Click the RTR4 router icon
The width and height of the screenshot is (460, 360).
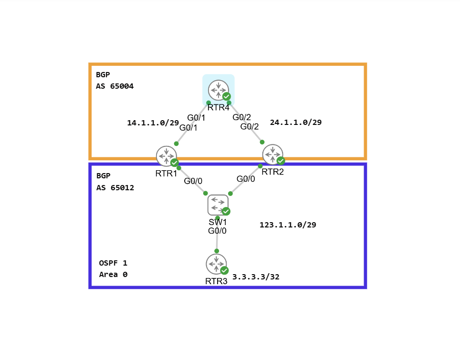tap(218, 90)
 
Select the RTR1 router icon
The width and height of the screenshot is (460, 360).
tap(166, 155)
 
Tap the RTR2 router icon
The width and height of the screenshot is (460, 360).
tap(272, 154)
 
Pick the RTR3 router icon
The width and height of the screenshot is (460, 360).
tap(216, 264)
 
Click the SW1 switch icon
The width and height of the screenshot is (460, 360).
tap(218, 205)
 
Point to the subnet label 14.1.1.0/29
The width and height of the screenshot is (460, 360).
tap(153, 123)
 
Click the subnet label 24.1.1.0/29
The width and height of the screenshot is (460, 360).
tap(296, 123)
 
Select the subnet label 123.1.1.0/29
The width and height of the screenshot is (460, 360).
tap(288, 225)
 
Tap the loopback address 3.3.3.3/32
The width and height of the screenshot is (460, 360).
tap(256, 277)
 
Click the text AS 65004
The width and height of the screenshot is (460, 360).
tap(115, 87)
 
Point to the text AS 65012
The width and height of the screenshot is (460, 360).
tap(115, 188)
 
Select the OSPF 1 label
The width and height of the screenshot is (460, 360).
tap(113, 263)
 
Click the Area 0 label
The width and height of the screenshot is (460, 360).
tap(113, 275)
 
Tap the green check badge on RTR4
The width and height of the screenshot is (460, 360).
tap(227, 96)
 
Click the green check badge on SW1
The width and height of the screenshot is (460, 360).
tap(226, 211)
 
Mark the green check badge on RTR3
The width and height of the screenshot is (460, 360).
tap(224, 270)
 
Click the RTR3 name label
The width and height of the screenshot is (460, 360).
tap(216, 281)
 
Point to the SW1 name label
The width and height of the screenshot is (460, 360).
tap(217, 222)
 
